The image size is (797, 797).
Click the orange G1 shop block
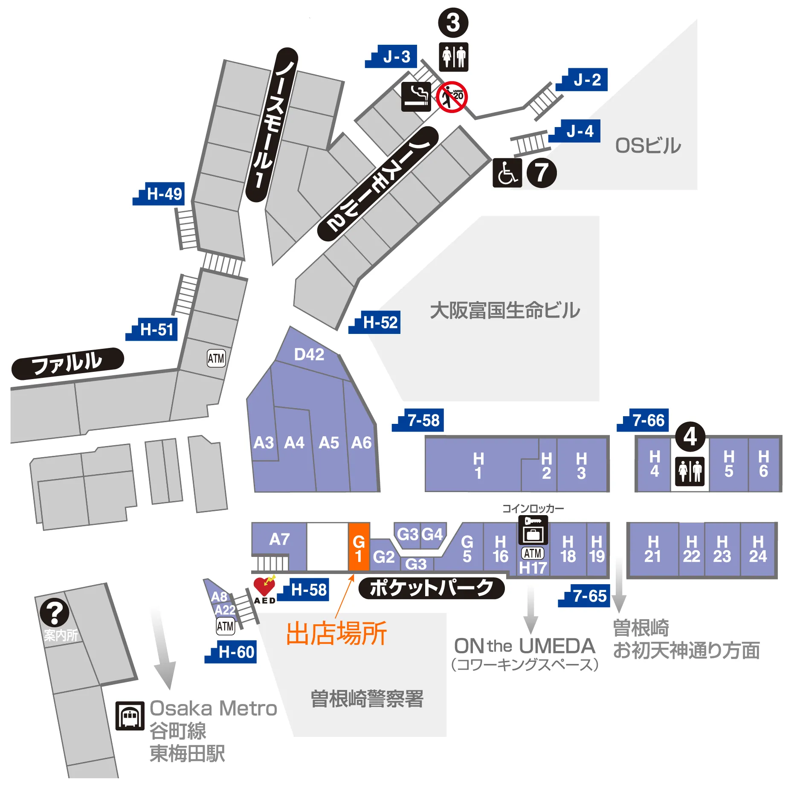[x=359, y=547]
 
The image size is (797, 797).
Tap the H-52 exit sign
[x=375, y=322]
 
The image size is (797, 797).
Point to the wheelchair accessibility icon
[x=507, y=173]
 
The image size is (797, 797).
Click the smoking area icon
[x=416, y=97]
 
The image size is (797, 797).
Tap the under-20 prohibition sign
[x=452, y=97]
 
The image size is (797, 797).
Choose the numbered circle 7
[x=542, y=173]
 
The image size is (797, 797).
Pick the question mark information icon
[x=55, y=613]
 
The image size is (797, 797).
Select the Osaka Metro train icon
[x=130, y=716]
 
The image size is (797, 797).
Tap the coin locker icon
[x=533, y=530]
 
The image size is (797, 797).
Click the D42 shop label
[x=309, y=354]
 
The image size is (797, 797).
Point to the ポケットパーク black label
[x=431, y=588]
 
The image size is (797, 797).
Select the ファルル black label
[x=67, y=363]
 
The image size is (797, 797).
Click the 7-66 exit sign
[x=643, y=420]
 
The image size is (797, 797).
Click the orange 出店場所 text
[x=336, y=633]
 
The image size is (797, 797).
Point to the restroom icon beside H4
[x=690, y=471]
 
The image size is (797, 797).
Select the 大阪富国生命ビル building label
[x=505, y=310]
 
